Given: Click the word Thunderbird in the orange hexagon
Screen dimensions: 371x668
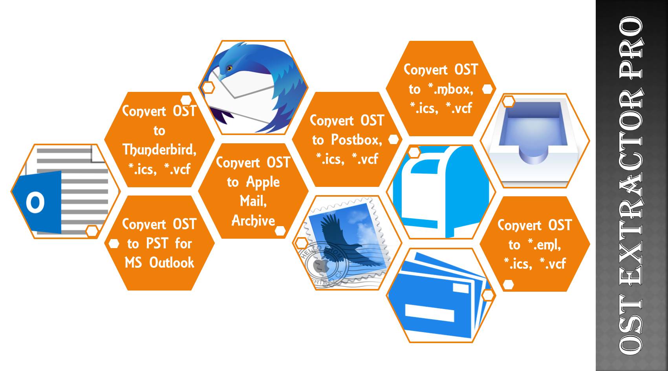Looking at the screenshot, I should [159, 150].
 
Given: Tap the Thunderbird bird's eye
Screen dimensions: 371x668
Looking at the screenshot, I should [229, 68].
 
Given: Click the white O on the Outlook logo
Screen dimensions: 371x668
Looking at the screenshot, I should [35, 203].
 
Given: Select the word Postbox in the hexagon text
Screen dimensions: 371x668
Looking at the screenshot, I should [356, 139].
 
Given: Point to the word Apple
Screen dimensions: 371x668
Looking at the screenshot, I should [263, 182].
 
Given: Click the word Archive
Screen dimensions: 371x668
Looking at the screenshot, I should [253, 221].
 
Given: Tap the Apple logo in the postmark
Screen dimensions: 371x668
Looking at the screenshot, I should [319, 266].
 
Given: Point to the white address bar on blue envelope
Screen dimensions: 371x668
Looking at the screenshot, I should [429, 313].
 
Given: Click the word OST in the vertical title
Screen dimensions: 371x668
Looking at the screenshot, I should [631, 326].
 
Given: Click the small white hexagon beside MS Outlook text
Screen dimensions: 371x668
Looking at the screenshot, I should [114, 244].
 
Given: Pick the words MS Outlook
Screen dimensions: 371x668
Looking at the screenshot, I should [159, 263].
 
